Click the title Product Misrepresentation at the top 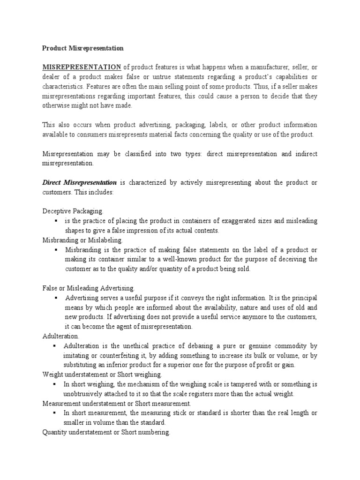click(83, 48)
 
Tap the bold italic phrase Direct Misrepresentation click(80, 182)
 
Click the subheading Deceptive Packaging click(73, 211)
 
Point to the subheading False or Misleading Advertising click(89, 287)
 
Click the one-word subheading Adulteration click(61, 336)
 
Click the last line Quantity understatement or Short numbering click(106, 432)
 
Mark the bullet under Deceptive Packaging click(56, 221)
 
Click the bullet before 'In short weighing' click(56, 384)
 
